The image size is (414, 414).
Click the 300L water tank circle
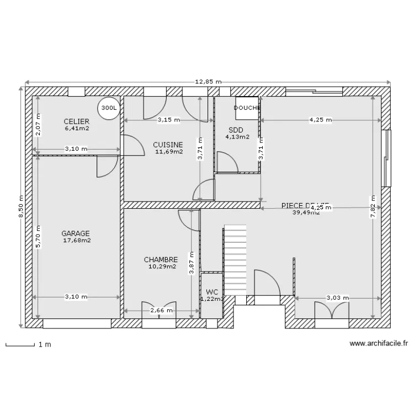click(109, 109)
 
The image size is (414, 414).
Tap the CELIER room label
click(76, 121)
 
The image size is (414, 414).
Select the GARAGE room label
click(76, 233)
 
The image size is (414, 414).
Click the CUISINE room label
click(168, 145)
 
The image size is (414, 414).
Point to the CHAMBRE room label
click(161, 259)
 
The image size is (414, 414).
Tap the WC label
click(211, 292)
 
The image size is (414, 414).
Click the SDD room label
click(235, 130)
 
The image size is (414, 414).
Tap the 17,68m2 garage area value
click(77, 240)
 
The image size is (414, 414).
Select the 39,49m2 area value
click(306, 212)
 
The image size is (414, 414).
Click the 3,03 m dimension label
click(337, 298)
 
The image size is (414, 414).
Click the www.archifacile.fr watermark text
click(379, 343)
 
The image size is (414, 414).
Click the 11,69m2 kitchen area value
click(168, 151)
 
